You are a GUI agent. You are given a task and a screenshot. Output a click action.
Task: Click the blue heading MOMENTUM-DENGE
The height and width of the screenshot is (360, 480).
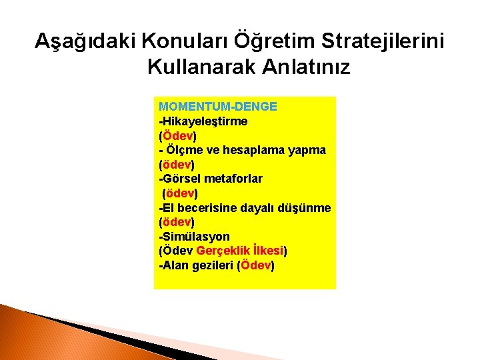point(218,107)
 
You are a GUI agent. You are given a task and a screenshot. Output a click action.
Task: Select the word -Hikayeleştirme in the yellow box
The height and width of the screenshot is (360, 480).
point(203,121)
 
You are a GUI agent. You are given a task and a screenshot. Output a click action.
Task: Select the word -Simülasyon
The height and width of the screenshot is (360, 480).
point(194,237)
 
